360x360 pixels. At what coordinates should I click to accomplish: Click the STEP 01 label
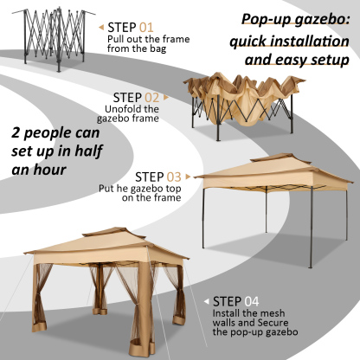pyautogui.click(x=132, y=28)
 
